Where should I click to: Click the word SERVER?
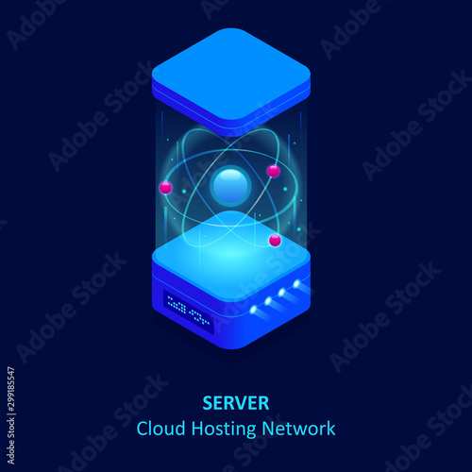(236, 403)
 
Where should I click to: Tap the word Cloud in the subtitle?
(160, 429)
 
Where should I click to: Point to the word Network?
(298, 429)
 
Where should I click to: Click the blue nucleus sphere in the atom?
(230, 186)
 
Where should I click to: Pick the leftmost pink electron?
(165, 188)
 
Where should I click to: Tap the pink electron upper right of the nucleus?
(273, 171)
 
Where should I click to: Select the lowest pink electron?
(275, 241)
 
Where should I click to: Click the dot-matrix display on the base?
(189, 312)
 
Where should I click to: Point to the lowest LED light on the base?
(254, 310)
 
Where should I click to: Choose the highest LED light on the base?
(296, 284)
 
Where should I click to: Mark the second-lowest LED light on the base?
(268, 301)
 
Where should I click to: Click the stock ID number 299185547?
(11, 391)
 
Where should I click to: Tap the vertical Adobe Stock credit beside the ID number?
(11, 442)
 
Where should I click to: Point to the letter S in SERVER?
(208, 403)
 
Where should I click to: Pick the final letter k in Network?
(330, 429)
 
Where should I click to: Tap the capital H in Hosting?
(197, 429)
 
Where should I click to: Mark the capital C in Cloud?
(143, 429)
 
